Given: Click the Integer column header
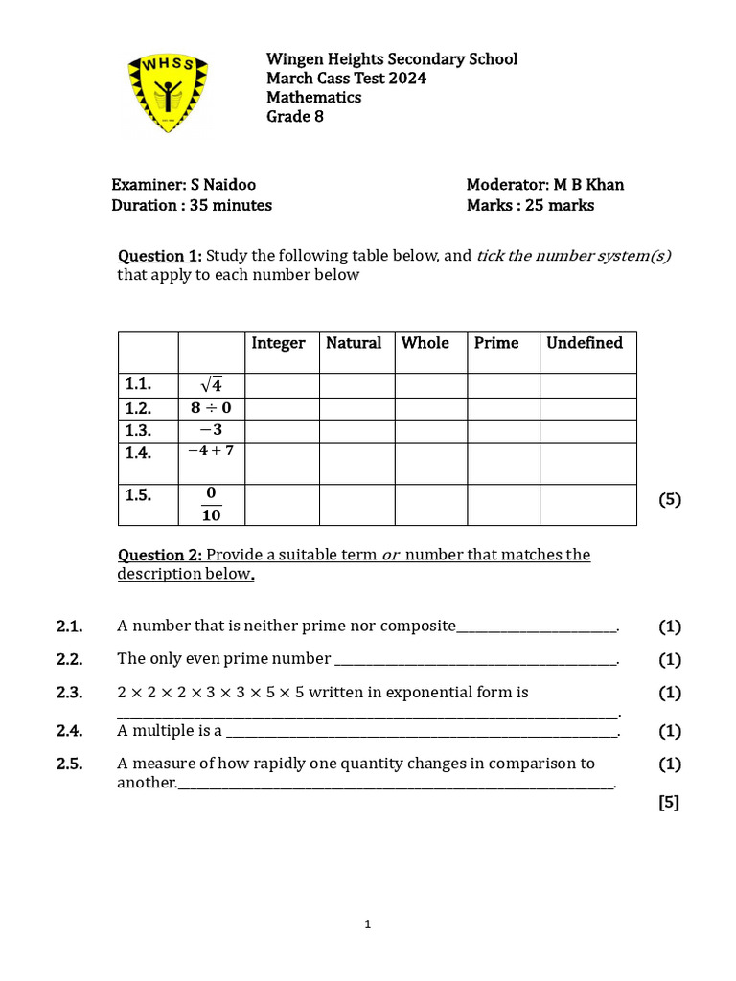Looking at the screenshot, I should click(x=278, y=343).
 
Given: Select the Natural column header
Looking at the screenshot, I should click(x=354, y=343).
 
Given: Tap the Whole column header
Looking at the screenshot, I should click(x=425, y=343).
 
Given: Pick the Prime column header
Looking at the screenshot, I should click(x=496, y=343).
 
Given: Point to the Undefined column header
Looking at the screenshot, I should click(x=585, y=343).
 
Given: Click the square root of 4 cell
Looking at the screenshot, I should click(x=211, y=385).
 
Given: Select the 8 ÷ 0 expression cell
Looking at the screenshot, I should click(x=211, y=408).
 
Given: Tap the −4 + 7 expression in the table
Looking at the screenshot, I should click(x=211, y=450).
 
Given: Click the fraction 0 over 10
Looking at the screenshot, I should click(x=211, y=504).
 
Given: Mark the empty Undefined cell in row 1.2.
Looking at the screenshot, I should click(x=587, y=408).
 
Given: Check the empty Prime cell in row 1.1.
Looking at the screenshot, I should click(x=503, y=385).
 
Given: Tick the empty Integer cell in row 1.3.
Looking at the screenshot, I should click(x=282, y=431).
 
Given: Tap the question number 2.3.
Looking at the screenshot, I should click(x=69, y=693).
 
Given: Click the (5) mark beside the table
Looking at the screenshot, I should click(x=670, y=499).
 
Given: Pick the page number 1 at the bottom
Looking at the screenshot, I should click(x=367, y=924).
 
